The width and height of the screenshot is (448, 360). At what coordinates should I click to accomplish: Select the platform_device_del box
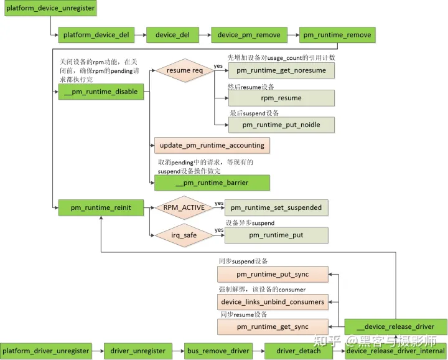[96, 35]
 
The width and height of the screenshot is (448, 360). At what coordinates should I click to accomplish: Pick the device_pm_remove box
[249, 35]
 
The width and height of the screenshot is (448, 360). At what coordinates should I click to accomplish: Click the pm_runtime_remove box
[337, 35]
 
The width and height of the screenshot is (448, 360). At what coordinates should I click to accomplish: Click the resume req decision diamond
[185, 70]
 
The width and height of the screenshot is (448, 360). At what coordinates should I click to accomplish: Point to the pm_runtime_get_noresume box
[281, 70]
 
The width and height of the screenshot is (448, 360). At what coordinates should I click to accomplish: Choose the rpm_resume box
[281, 98]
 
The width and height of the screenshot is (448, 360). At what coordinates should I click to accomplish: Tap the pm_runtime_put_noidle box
[281, 125]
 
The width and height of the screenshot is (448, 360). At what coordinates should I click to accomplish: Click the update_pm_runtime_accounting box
[212, 145]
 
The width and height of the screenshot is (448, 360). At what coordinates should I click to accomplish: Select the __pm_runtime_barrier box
[212, 182]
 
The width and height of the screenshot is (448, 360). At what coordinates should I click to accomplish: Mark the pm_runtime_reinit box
[101, 207]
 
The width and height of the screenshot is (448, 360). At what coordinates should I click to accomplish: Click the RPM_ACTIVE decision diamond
[184, 207]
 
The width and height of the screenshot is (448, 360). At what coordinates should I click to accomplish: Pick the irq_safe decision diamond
[184, 235]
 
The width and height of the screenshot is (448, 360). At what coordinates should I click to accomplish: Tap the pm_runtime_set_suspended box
[276, 207]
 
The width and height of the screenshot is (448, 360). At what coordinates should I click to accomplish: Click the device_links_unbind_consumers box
[273, 301]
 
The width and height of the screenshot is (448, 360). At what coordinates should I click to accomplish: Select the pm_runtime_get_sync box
[273, 327]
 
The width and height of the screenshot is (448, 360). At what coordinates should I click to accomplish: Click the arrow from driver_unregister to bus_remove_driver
[177, 351]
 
